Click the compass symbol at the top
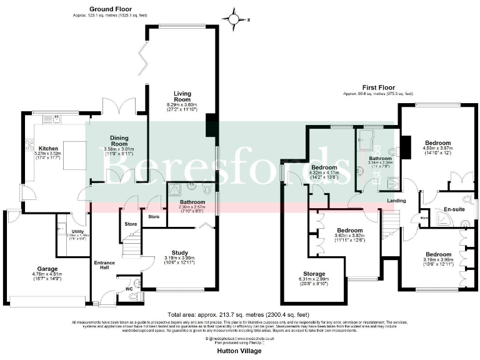tap(234, 19)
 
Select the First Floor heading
tap(378, 88)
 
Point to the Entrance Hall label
tap(104, 265)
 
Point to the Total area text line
tap(238, 314)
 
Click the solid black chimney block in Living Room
tap(211, 125)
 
